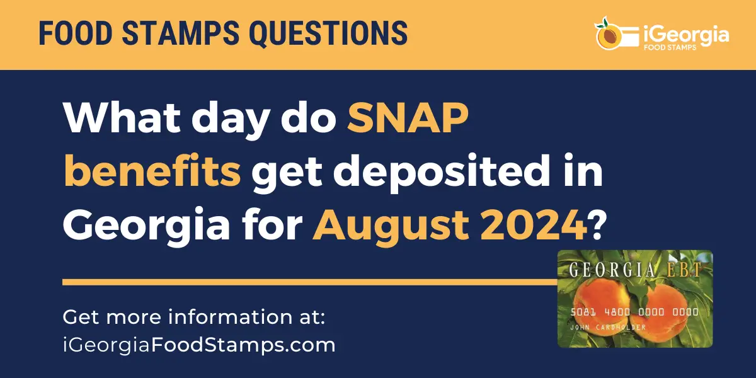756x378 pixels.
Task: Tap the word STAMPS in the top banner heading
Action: point(181,33)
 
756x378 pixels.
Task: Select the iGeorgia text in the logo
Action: point(686,35)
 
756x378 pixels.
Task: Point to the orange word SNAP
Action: point(408,118)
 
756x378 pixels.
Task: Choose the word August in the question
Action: point(391,227)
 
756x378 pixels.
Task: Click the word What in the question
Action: point(122,118)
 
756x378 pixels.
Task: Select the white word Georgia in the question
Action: point(146,227)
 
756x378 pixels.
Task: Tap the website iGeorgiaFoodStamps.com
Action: point(199,345)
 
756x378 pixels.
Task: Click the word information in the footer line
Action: point(231,317)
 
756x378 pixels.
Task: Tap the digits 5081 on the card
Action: point(583,312)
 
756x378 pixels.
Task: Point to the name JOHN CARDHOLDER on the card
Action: point(607,327)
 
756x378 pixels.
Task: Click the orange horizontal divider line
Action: point(310,282)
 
